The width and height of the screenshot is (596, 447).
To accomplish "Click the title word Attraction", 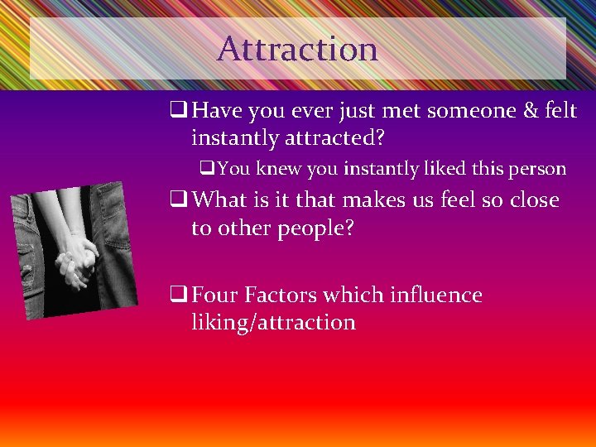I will click(297, 49).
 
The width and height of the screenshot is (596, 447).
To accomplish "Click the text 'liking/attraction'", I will click(273, 322).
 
